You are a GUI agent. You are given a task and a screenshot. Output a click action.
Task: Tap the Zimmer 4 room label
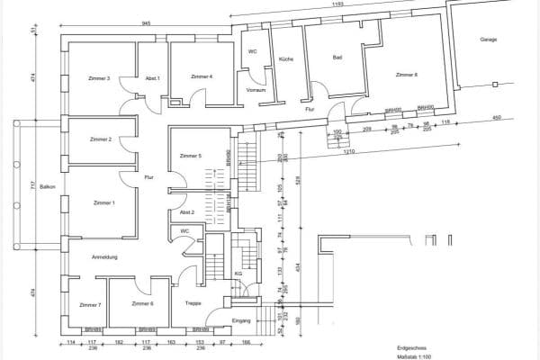tap(202, 77)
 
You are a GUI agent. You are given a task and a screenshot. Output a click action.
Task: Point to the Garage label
tap(489, 40)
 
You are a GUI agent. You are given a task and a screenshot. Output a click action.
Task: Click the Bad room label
tap(337, 58)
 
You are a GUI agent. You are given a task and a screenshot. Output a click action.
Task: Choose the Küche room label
tap(287, 58)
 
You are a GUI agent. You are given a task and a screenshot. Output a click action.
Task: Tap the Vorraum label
tap(255, 90)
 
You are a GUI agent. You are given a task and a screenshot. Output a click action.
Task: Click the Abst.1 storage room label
tap(152, 78)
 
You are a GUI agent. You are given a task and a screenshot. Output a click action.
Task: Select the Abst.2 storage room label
tap(187, 211)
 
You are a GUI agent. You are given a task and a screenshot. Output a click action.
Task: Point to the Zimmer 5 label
tap(191, 157)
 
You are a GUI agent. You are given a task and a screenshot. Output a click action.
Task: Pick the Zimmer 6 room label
tap(142, 305)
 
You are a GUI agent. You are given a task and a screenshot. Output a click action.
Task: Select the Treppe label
tap(193, 304)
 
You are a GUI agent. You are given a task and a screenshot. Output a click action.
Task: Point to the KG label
tap(238, 274)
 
